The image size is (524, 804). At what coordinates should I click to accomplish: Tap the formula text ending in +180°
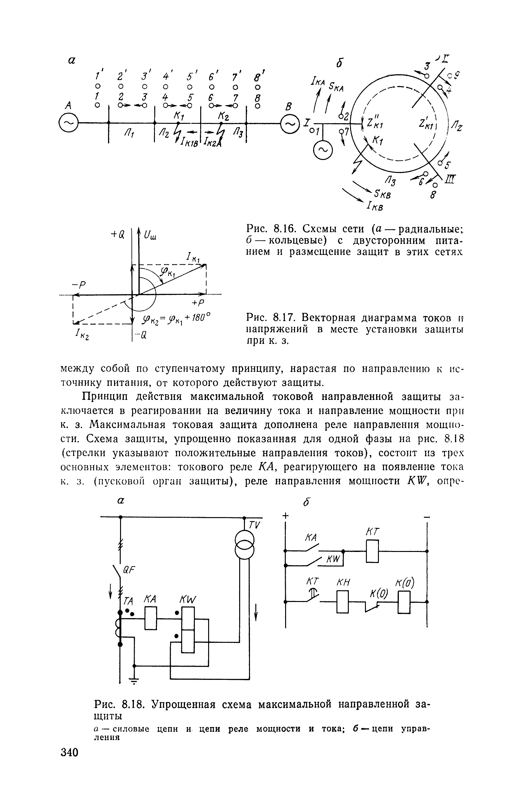tap(176, 319)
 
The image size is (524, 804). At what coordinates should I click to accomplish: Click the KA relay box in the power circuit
tap(150, 618)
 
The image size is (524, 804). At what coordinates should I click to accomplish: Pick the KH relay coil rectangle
tap(343, 601)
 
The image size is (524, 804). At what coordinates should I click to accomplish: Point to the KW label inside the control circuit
tap(333, 560)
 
